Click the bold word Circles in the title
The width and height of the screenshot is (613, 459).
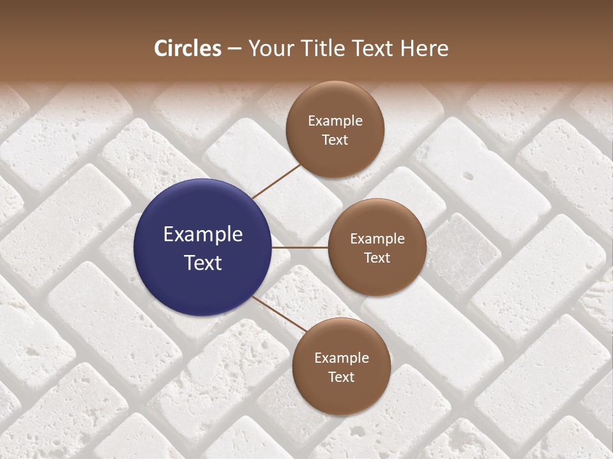click(x=187, y=48)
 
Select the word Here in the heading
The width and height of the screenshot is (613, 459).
click(x=424, y=48)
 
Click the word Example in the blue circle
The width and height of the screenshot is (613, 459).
click(x=203, y=235)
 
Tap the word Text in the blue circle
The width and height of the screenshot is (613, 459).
click(x=203, y=263)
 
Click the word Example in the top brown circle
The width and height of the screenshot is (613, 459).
click(x=335, y=120)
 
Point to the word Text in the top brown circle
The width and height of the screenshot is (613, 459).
click(x=335, y=140)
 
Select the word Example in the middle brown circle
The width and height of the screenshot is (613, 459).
click(x=377, y=239)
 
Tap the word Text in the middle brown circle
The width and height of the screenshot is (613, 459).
click(x=377, y=258)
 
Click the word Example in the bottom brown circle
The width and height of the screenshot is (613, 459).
click(x=342, y=358)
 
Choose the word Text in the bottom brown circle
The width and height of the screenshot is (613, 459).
click(x=342, y=377)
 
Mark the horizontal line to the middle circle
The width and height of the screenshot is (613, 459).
click(x=300, y=247)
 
